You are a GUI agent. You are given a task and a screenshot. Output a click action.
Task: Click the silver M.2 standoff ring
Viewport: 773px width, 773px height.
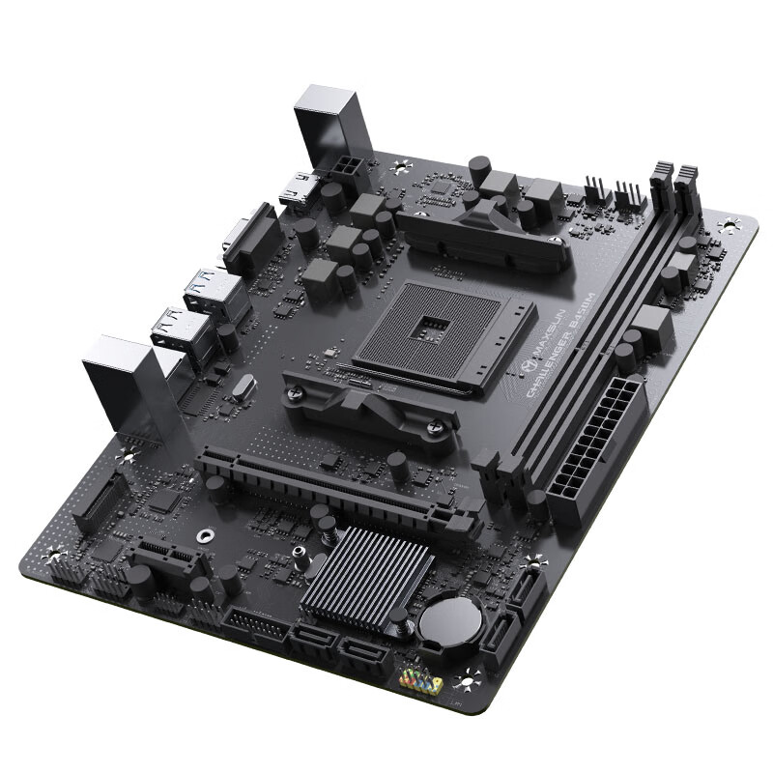click(x=204, y=534)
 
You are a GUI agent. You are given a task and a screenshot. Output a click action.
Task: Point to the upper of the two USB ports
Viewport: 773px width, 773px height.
click(x=215, y=291)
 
